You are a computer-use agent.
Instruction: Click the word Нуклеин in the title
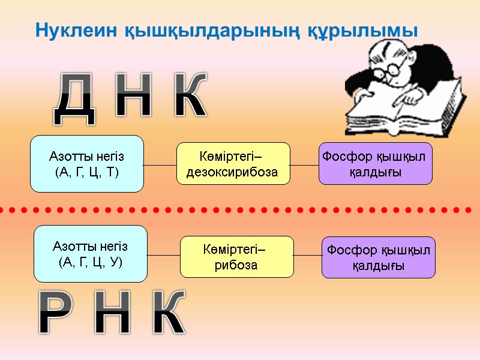(65, 29)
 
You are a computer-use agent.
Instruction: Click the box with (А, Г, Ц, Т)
(87, 164)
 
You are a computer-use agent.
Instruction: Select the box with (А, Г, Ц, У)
(91, 254)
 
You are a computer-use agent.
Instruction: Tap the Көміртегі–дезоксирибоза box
(233, 163)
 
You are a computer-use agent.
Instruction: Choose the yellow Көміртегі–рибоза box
(236, 257)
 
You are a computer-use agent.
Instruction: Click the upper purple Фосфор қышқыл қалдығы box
(375, 163)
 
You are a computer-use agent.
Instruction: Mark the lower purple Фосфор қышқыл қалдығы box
(378, 257)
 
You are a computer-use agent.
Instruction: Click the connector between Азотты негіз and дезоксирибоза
(160, 164)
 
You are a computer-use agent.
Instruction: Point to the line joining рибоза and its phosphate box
(308, 256)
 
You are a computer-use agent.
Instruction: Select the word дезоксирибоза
(233, 172)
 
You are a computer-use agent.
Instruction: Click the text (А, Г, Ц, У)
(91, 262)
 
